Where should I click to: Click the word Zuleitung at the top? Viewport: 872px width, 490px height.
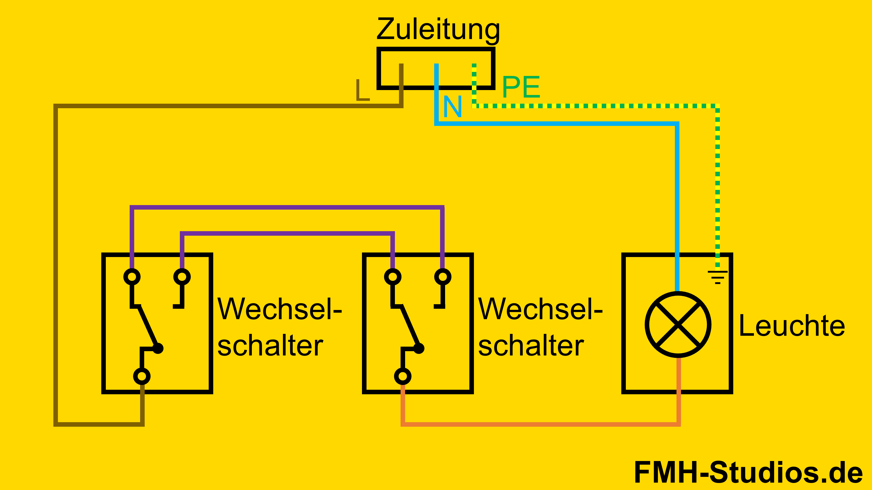(438, 30)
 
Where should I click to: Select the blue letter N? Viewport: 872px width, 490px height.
(452, 107)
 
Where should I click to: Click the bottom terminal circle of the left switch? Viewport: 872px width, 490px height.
(142, 376)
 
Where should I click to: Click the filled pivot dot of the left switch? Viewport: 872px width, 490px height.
(158, 348)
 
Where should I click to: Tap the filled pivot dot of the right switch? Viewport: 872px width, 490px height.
(419, 348)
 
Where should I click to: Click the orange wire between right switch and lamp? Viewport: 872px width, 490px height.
(542, 424)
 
